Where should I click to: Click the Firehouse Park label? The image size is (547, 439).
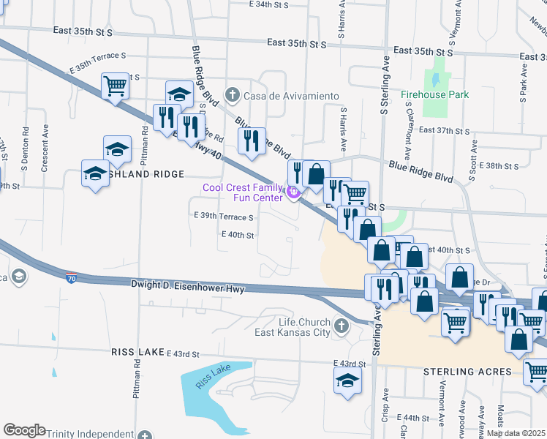(x=434, y=94)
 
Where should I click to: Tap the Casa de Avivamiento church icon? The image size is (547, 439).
(x=233, y=95)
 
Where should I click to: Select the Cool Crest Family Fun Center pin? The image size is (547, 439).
(x=294, y=192)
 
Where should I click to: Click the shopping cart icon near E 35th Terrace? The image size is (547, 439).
(x=116, y=87)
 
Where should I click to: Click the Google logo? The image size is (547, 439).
(x=24, y=429)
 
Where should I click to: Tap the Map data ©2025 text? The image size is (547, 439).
(x=515, y=433)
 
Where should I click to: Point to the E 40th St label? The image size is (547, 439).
(x=237, y=235)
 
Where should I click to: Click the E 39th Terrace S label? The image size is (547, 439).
(x=223, y=217)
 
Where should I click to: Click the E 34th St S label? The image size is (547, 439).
(x=269, y=4)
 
